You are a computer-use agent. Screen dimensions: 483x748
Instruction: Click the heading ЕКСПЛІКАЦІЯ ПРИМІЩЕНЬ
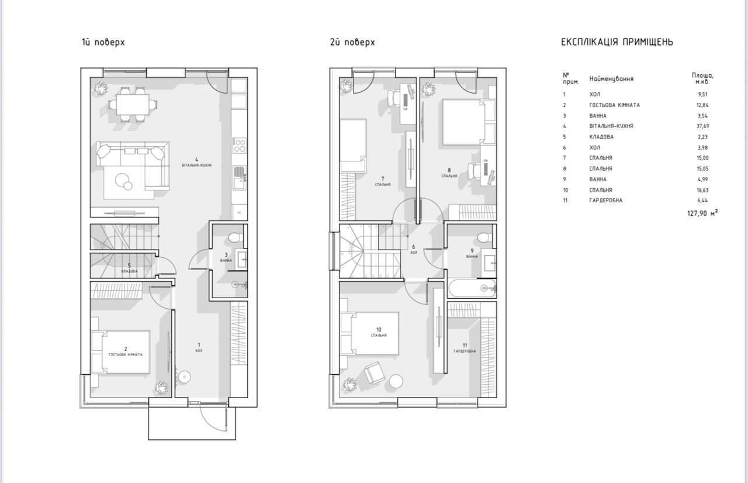[617, 42]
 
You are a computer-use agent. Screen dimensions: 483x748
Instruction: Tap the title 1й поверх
[103, 42]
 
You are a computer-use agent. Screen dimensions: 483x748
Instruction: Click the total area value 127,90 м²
[702, 213]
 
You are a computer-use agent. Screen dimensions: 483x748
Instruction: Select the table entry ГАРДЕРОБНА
[606, 201]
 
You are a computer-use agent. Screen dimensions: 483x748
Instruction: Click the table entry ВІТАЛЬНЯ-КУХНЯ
[611, 126]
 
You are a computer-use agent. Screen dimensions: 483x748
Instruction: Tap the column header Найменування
[611, 78]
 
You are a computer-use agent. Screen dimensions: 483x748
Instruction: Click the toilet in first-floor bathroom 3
[235, 237]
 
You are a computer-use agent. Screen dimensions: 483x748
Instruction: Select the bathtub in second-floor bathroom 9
[472, 288]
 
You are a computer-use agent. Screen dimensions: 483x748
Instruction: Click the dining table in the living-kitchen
[131, 105]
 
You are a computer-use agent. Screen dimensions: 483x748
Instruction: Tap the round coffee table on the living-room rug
[124, 182]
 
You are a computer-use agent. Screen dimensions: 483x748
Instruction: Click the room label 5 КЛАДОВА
[129, 268]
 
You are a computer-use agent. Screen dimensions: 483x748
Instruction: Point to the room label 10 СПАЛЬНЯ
[379, 332]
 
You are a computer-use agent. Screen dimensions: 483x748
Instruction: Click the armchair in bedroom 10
[373, 372]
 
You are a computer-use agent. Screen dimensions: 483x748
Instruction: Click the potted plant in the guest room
[161, 388]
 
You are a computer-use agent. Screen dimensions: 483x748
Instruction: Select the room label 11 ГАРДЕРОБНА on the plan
[465, 348]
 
